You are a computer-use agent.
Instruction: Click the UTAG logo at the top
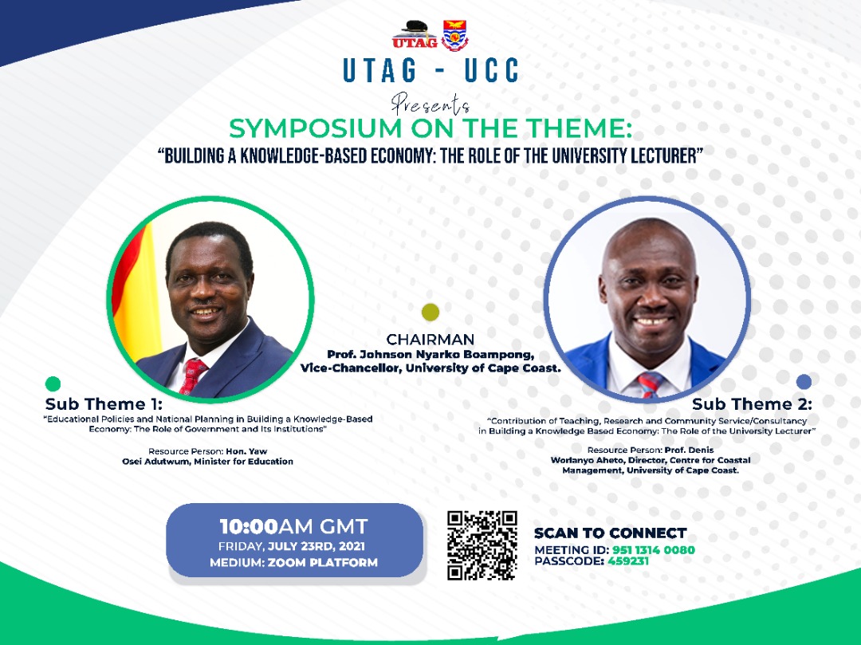click(415, 34)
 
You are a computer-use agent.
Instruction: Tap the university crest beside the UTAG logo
click(455, 35)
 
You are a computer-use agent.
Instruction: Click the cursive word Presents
click(431, 103)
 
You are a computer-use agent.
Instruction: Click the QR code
click(482, 545)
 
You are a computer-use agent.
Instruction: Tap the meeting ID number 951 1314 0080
click(653, 550)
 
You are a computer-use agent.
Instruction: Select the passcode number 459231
click(628, 561)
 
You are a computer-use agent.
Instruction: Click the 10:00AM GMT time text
click(294, 527)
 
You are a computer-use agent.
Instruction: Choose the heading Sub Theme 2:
click(752, 404)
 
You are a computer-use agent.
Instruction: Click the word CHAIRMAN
click(430, 340)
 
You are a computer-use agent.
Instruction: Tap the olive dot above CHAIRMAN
click(431, 312)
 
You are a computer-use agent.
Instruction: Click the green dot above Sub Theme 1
click(53, 384)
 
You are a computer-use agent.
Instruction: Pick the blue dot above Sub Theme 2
click(804, 382)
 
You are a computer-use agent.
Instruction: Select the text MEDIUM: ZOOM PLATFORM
click(293, 563)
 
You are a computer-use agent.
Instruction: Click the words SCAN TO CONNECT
click(610, 533)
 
